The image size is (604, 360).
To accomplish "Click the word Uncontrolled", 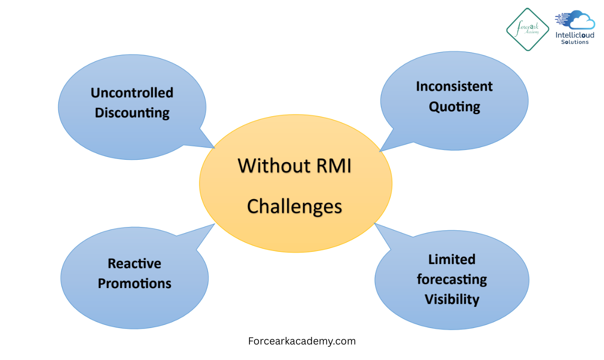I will coord(132,93).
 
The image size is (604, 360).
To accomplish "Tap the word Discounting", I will coord(132,113).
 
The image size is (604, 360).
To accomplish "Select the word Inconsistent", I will coord(454,86).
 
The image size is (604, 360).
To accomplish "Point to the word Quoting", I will coord(454,107).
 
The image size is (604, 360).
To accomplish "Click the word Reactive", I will coord(134,263).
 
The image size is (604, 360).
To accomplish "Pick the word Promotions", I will coord(134,283).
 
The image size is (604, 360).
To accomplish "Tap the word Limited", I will coord(452,259).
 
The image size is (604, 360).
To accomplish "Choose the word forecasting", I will coord(452,279).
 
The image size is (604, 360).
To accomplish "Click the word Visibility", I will coord(452,299).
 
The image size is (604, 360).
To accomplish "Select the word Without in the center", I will coord(268,166).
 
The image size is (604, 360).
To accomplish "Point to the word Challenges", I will coord(294,206).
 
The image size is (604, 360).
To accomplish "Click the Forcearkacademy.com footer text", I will coord(302,341).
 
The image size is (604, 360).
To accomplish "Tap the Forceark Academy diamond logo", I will coord(527,29).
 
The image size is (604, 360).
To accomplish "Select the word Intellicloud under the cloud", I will coord(575,35).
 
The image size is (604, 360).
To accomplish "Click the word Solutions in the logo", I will coord(575,42).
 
